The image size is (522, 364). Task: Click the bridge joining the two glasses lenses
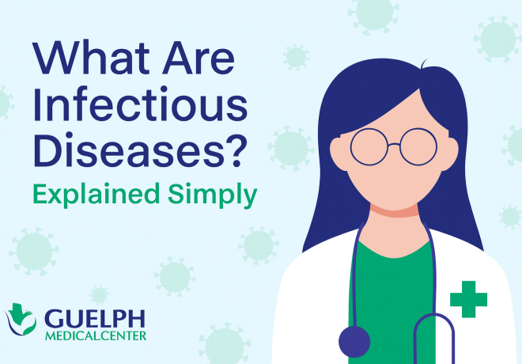(x=392, y=142)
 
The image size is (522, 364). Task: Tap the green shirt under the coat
(x=392, y=277)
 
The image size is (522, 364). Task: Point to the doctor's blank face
(x=392, y=170)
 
